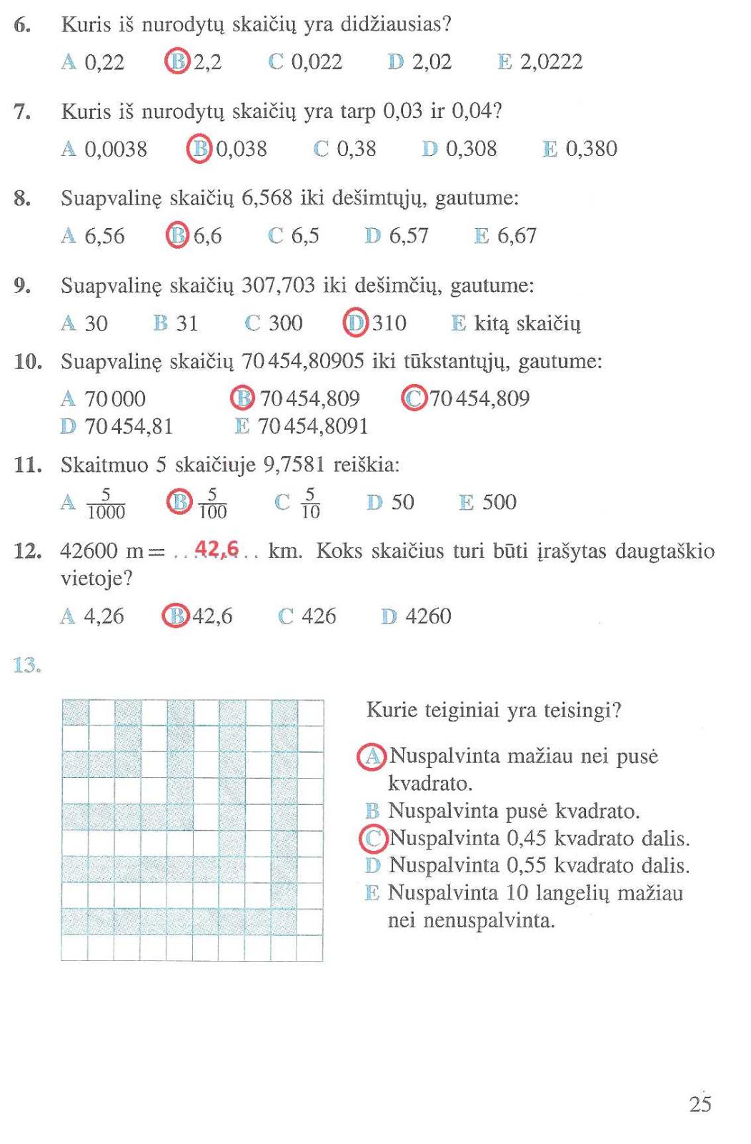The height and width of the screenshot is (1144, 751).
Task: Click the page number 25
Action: tap(700, 1104)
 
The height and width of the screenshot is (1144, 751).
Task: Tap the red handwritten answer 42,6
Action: tap(217, 549)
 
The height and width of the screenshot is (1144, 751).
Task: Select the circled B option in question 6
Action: tap(176, 61)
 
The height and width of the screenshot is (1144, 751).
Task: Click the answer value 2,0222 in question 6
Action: tap(551, 62)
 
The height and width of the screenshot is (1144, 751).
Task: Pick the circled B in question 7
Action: tap(199, 149)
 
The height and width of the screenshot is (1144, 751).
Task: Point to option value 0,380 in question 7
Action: tap(591, 149)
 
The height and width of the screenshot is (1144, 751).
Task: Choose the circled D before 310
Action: tap(355, 322)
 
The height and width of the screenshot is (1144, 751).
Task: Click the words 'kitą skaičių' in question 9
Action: tap(527, 324)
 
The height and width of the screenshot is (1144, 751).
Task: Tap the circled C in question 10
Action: tap(414, 398)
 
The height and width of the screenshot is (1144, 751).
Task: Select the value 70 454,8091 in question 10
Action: tap(312, 426)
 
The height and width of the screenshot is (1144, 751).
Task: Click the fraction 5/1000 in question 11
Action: tap(106, 503)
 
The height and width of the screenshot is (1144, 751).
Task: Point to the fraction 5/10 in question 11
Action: tap(310, 503)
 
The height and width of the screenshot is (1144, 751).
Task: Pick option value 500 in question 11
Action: tap(499, 502)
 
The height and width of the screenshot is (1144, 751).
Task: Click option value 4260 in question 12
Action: tap(428, 616)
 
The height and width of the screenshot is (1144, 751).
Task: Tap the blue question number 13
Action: tap(27, 666)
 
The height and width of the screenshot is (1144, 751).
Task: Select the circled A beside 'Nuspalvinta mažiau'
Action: tap(372, 756)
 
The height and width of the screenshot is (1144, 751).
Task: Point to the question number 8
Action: tap(22, 198)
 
